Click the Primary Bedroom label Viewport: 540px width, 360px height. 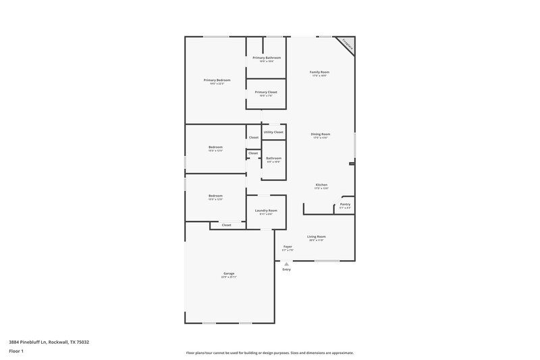click(x=217, y=80)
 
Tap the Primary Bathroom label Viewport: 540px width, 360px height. click(x=267, y=58)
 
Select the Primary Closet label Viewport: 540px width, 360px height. click(x=266, y=92)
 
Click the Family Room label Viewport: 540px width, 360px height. click(x=319, y=72)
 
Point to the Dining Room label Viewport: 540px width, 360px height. click(x=320, y=134)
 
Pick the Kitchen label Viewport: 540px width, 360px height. click(x=321, y=185)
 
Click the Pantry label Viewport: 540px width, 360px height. click(x=345, y=204)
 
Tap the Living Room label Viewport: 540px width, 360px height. click(x=317, y=236)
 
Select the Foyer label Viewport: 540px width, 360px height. click(x=288, y=247)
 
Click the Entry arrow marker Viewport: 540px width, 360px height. click(x=286, y=263)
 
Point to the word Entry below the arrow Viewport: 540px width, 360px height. click(x=286, y=269)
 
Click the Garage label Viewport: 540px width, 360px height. click(x=230, y=274)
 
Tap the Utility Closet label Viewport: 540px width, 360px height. click(x=273, y=132)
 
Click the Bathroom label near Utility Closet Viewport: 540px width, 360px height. click(x=273, y=159)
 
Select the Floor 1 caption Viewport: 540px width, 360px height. click(x=16, y=352)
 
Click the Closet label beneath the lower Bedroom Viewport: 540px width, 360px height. click(x=226, y=225)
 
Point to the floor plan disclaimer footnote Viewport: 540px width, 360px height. click(x=269, y=353)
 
